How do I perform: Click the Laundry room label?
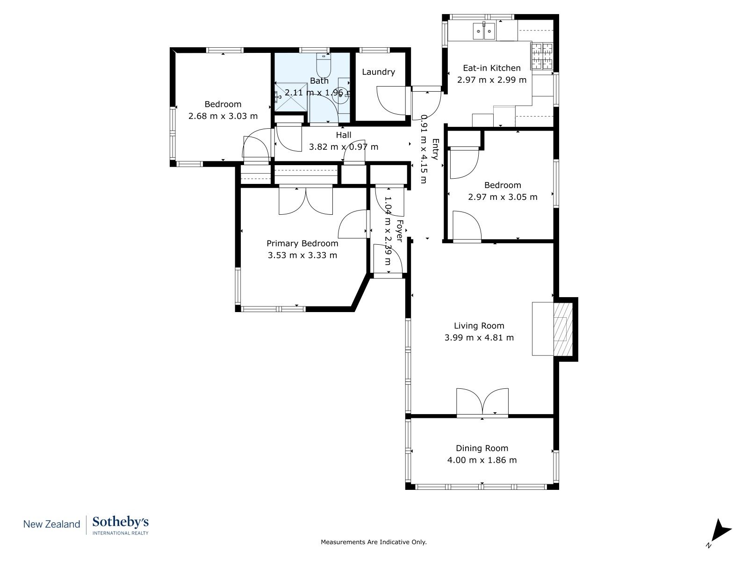[378, 72]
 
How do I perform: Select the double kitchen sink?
[483, 31]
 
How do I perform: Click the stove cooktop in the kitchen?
[542, 56]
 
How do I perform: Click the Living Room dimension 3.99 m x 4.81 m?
[479, 338]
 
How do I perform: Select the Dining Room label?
[482, 448]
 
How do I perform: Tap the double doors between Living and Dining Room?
[482, 402]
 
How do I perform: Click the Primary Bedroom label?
[302, 243]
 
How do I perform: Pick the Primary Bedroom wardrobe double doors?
[306, 201]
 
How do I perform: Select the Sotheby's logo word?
[121, 522]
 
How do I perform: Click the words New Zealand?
[51, 524]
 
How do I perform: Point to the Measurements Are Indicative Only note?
[374, 541]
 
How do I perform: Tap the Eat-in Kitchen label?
[491, 68]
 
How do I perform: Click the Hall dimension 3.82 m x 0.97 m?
[344, 147]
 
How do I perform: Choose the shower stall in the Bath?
[291, 96]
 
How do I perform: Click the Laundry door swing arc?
[391, 101]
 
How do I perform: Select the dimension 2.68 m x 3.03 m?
[223, 116]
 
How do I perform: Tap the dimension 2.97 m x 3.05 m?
[503, 197]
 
